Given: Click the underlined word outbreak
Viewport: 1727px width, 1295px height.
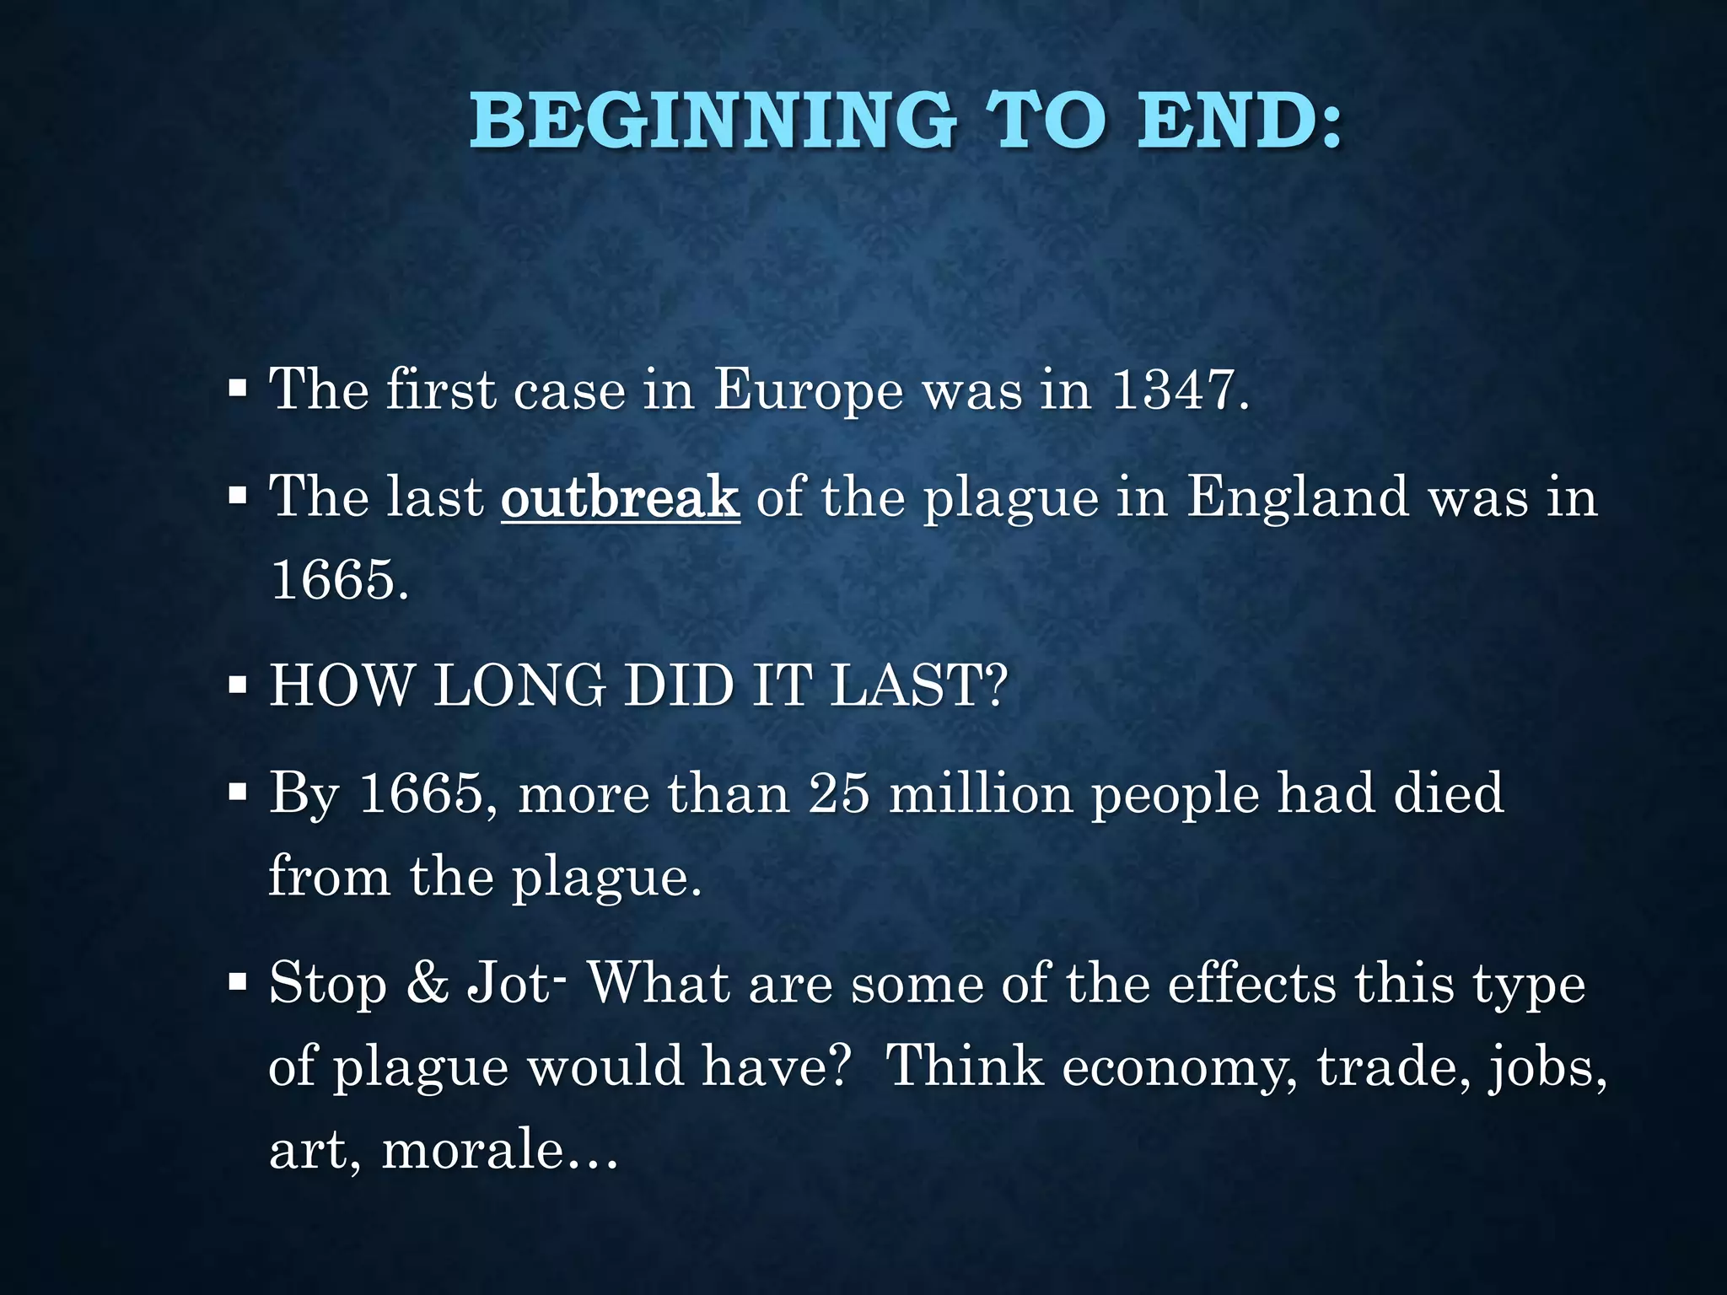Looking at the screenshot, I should [620, 497].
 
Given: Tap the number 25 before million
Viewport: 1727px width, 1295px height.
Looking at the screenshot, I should [838, 793].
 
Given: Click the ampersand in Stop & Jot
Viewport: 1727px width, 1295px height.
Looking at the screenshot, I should [428, 984].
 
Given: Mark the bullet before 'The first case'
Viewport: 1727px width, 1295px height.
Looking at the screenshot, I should [238, 390].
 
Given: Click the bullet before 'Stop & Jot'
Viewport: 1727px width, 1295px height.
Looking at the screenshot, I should [238, 982].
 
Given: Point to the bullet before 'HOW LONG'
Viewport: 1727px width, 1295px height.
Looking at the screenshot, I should [238, 685].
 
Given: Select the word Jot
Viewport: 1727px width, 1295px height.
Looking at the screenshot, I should [509, 984].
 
